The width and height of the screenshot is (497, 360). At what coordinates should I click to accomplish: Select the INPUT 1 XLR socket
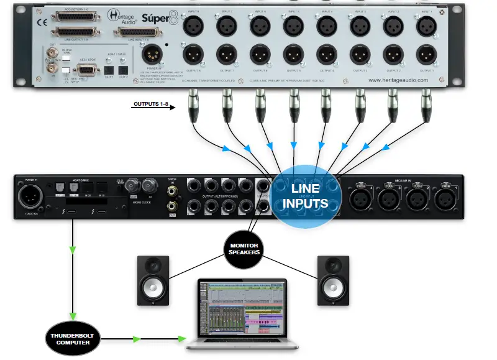click(426, 26)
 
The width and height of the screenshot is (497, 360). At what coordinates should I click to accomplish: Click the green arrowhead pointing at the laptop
click(181, 339)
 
